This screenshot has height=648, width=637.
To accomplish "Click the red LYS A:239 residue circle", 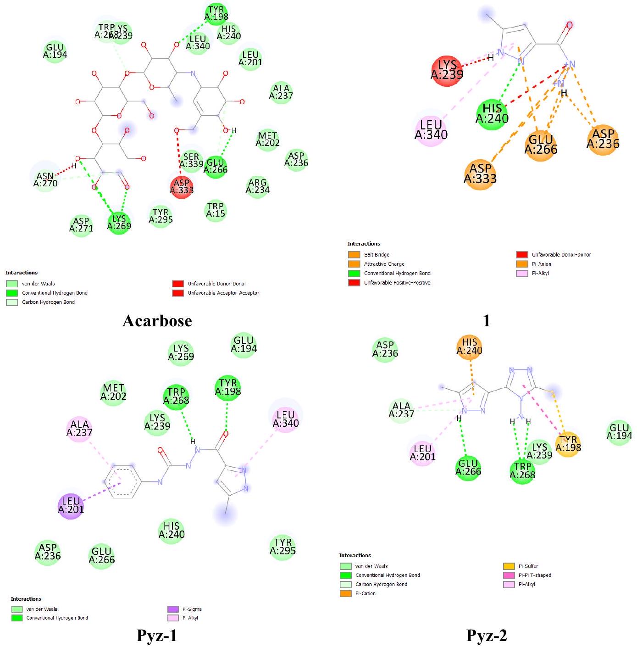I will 447,70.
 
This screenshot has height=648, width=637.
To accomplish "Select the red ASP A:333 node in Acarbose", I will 182,186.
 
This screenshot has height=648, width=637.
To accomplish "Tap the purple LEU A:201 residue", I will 71,505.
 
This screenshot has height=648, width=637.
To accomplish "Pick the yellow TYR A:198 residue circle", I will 568,444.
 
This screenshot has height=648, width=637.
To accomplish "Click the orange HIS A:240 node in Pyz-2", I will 470,346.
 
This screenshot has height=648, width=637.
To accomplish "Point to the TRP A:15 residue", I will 216,210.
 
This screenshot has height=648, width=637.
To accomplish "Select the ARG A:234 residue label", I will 257,186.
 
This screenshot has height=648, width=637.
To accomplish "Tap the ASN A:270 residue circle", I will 45,179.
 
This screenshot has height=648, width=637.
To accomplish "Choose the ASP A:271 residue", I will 81,225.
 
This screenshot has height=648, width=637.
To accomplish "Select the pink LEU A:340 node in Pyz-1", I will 285,419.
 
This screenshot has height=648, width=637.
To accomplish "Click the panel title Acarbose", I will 157,320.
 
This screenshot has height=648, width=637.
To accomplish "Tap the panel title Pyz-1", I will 156,636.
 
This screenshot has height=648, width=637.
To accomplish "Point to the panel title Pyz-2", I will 487,636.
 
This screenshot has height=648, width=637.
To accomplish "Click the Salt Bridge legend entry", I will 377,255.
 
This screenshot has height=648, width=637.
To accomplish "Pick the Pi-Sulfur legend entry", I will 528,566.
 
